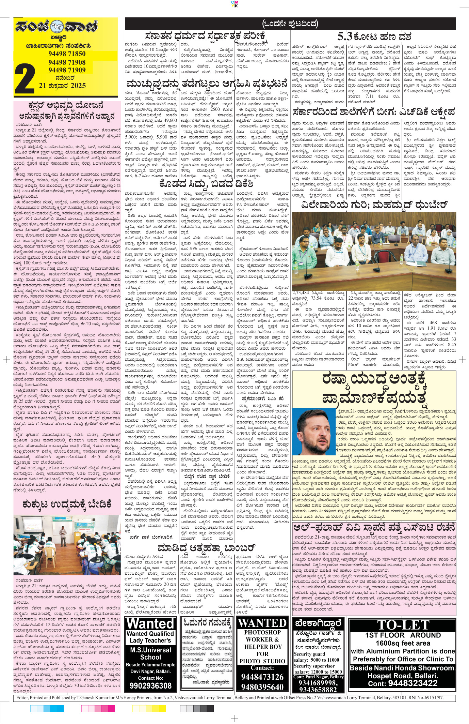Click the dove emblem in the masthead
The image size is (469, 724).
pos(57,27)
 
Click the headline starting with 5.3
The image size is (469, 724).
pos(374,36)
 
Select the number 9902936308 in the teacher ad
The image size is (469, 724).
pos(150,685)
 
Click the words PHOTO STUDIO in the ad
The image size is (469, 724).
pos(262,661)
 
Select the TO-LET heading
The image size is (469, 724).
pos(403,625)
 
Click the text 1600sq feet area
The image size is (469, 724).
pos(403,643)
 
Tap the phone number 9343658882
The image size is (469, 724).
pos(318,690)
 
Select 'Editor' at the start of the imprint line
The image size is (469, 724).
pos(22,698)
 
